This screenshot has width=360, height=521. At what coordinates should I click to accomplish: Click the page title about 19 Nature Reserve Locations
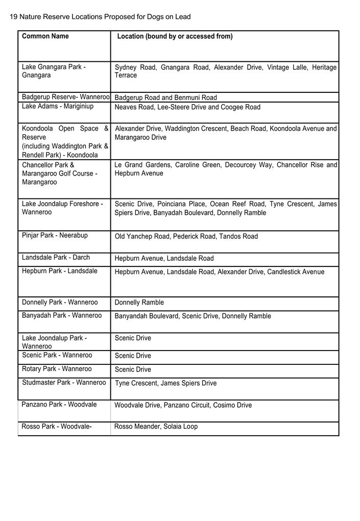coord(100,17)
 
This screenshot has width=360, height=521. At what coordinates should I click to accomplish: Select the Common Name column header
coord(45,36)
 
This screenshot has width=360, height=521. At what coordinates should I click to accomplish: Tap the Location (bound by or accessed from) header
coord(175,36)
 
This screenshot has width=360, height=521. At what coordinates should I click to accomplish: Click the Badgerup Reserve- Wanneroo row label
coord(65,97)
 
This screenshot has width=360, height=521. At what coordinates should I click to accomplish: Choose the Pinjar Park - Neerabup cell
coord(55,235)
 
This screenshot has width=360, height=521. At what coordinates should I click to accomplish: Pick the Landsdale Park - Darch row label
coord(56,258)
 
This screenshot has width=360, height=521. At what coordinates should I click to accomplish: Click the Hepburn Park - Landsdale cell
coord(59,271)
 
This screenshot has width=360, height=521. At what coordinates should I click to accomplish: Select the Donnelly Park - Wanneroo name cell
coord(60,302)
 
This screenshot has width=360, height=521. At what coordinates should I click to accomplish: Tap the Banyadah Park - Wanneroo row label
coord(62,315)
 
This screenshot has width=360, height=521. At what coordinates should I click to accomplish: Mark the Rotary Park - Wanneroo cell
coord(57,369)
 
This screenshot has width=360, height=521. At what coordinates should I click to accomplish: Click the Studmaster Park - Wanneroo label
coord(64,383)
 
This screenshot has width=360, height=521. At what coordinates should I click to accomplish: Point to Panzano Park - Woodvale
coord(59,405)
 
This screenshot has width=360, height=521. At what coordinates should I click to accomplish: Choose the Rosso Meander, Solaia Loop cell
coord(156,427)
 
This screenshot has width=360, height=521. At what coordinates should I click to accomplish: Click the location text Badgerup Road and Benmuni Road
coord(165,97)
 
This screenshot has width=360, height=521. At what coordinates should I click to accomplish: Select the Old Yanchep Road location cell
coord(186,236)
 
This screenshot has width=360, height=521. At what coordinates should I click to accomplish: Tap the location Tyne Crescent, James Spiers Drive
coord(165,383)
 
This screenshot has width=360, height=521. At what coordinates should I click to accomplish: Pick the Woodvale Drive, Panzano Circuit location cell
coord(183,405)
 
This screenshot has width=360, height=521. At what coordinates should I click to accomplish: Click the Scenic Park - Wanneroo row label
coord(57,355)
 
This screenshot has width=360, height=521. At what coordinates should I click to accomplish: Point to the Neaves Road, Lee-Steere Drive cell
coord(187,107)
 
